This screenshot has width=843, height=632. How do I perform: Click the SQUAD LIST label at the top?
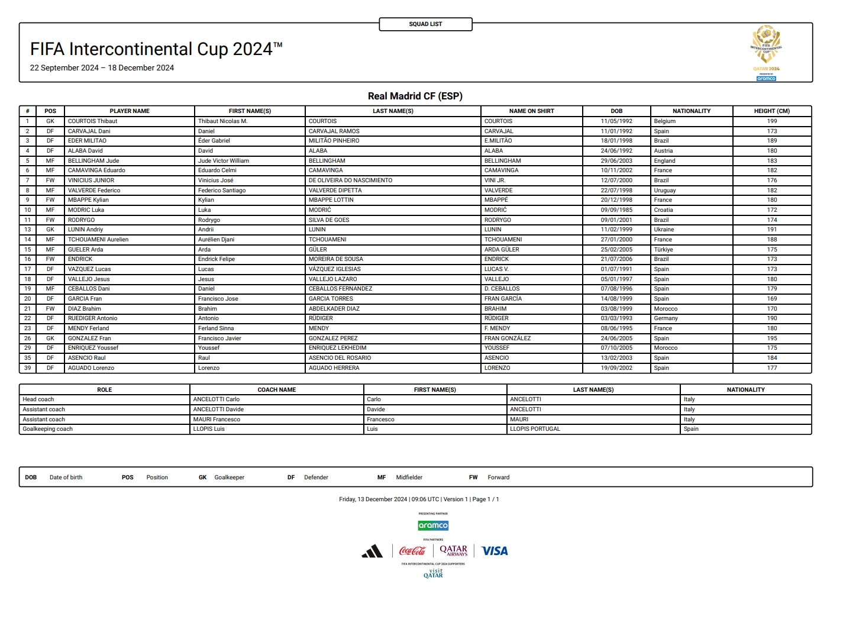click(x=425, y=24)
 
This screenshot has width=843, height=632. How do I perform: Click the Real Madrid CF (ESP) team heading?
click(x=415, y=96)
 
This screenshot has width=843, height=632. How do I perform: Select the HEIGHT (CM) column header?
click(x=771, y=111)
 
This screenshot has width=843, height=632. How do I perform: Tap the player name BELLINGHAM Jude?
click(x=93, y=161)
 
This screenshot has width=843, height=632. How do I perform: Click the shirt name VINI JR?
click(x=495, y=180)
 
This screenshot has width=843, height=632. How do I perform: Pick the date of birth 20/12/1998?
click(x=616, y=200)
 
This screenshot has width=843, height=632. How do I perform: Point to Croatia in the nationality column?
click(x=663, y=210)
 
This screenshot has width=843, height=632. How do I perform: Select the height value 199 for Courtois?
click(x=771, y=121)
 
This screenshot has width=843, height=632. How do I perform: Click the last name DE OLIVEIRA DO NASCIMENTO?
click(x=350, y=180)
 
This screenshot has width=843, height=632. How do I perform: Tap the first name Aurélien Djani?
click(x=216, y=240)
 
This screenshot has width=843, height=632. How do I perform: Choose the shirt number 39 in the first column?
click(x=27, y=368)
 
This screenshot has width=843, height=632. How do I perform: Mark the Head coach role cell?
click(x=38, y=399)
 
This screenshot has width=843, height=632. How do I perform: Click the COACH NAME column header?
click(x=276, y=390)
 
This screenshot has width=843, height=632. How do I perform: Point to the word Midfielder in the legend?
click(x=409, y=478)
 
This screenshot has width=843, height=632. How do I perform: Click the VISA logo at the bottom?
click(x=495, y=551)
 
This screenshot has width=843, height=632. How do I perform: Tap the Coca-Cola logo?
click(x=412, y=551)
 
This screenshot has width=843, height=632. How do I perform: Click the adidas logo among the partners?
click(x=372, y=552)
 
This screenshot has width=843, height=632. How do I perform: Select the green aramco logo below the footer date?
click(x=433, y=525)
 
